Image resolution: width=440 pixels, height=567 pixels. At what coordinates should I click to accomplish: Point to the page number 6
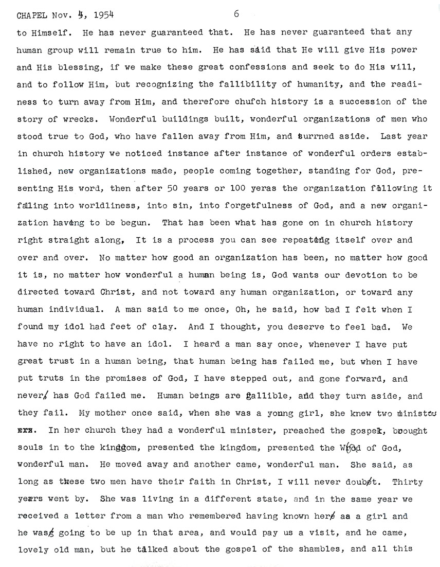[236, 14]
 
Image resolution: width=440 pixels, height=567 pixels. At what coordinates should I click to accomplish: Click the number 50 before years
[172, 188]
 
